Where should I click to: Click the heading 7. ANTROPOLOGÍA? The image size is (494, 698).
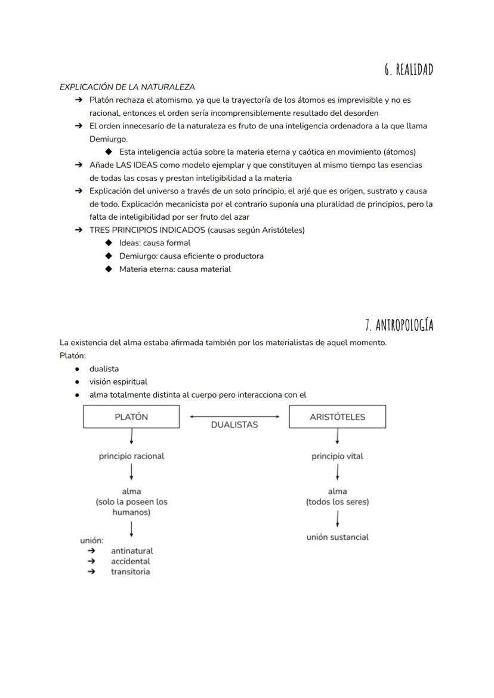tap(399, 325)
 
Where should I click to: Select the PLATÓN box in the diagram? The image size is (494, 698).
tap(131, 417)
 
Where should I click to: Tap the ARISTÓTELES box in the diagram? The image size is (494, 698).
tap(337, 417)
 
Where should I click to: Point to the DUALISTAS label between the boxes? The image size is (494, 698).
tap(234, 425)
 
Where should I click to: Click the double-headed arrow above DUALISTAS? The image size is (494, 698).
tap(234, 416)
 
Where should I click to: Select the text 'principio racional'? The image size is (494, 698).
tap(131, 456)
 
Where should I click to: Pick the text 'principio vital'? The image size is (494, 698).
tap(337, 456)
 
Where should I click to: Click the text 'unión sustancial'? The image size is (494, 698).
tap(337, 537)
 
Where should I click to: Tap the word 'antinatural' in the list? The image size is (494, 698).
tap(131, 551)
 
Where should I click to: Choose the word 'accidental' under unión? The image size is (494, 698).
tap(130, 561)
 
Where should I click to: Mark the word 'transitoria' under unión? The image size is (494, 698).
tap(130, 571)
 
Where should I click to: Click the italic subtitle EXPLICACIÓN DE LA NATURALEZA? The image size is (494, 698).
tap(127, 87)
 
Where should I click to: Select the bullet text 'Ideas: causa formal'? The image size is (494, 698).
tap(155, 243)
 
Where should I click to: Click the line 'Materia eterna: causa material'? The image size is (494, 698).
tap(175, 269)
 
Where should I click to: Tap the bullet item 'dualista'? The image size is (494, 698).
tap(104, 369)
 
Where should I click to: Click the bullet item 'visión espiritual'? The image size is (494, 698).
tap(118, 382)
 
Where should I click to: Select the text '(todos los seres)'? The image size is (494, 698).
tap(337, 502)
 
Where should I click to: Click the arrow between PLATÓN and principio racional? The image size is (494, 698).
tap(131, 438)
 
